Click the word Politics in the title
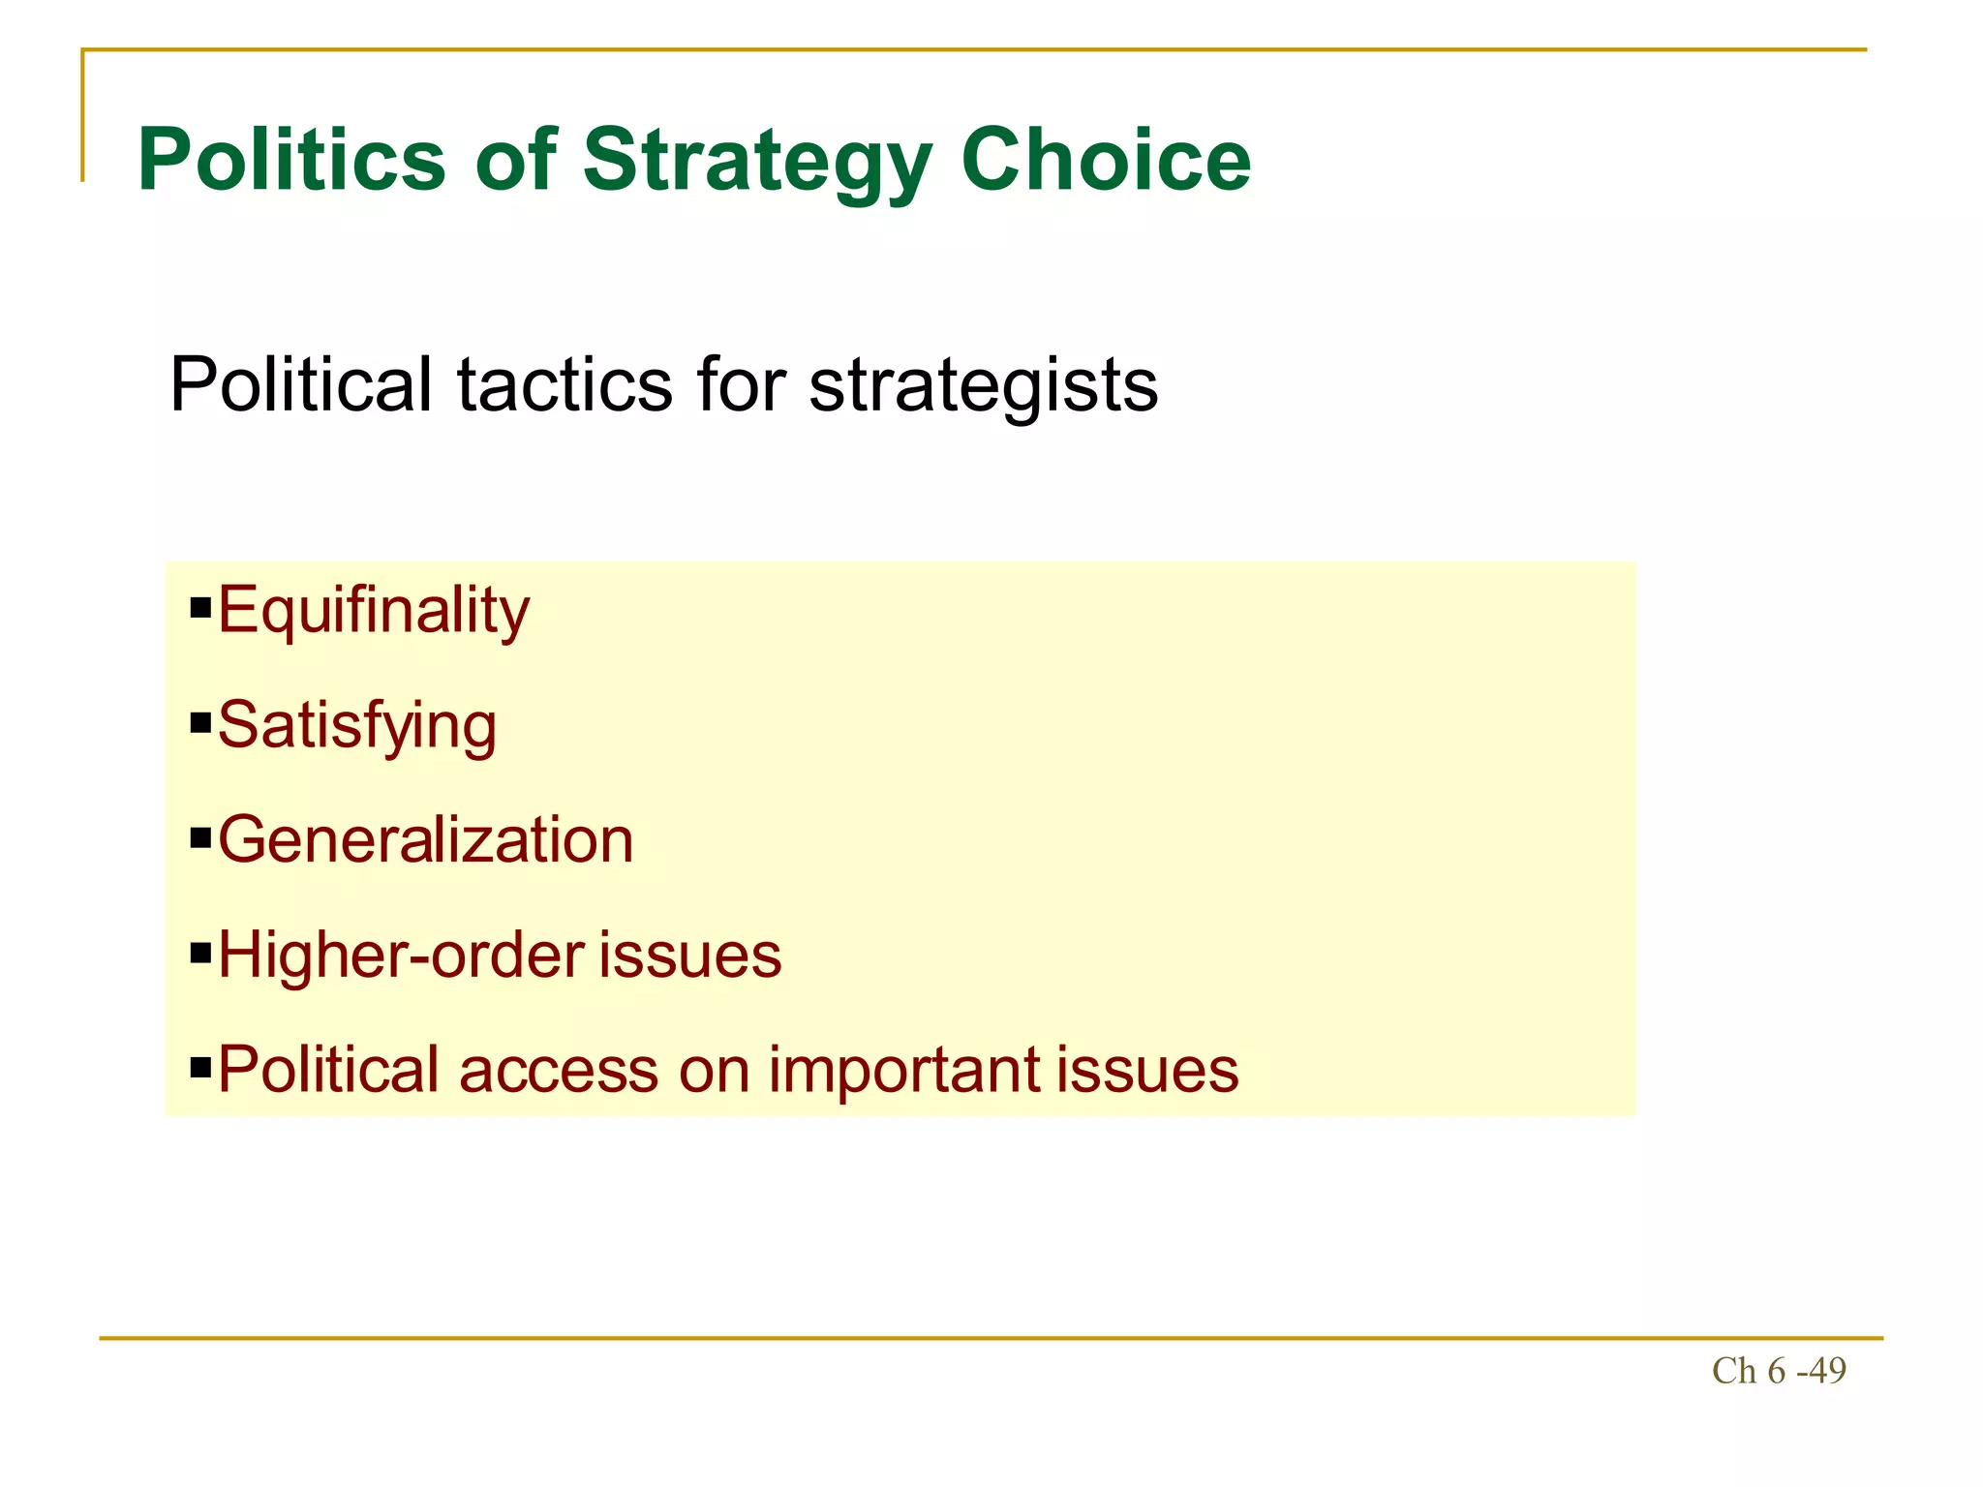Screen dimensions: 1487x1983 pos(291,160)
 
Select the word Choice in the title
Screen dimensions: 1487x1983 pos(1106,160)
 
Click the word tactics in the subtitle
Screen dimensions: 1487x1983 pos(564,385)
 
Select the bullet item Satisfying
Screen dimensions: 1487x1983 pos(357,726)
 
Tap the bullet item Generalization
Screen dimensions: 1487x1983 pos(426,839)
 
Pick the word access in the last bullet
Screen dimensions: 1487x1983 pos(559,1070)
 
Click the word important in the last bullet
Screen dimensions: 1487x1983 pos(904,1070)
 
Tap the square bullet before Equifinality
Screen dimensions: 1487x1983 pos(200,609)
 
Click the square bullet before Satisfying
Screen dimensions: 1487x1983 pos(200,723)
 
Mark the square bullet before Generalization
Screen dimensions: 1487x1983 pos(200,837)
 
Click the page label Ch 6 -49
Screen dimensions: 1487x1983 pos(1779,1371)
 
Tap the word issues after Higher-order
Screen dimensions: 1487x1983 pos(689,956)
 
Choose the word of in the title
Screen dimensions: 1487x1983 pos(515,160)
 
